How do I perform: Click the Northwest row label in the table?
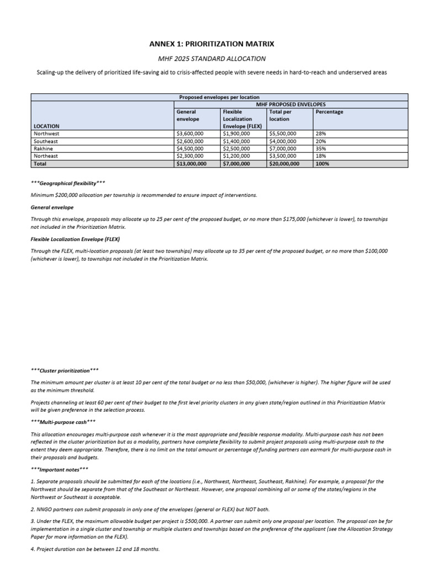[46, 134]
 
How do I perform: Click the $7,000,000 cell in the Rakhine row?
[283, 149]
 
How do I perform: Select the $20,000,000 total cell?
[284, 164]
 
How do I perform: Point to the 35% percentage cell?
[320, 149]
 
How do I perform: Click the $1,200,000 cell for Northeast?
[236, 156]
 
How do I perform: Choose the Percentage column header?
[329, 112]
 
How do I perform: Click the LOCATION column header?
[46, 126]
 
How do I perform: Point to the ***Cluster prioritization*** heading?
[65, 370]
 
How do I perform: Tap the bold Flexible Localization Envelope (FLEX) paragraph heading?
[76, 239]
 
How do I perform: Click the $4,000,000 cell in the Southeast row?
[283, 141]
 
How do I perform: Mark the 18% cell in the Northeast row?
[320, 156]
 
